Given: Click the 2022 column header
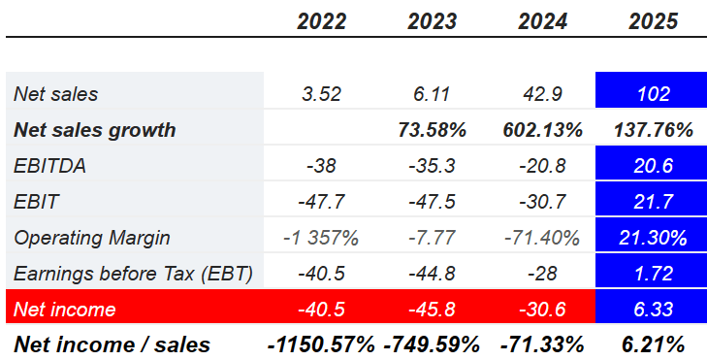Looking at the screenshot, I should pos(321,20).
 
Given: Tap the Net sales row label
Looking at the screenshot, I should pos(56,94).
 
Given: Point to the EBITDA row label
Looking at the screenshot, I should pos(50,166).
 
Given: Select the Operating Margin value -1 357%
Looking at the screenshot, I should pos(321,238).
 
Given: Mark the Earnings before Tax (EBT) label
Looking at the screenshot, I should pos(133,274).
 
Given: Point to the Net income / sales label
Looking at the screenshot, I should pos(112,344).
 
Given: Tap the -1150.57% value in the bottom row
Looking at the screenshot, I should pos(321,344).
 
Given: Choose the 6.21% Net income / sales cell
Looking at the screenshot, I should pos(652,344).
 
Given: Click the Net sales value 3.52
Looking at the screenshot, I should pos(321,94).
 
